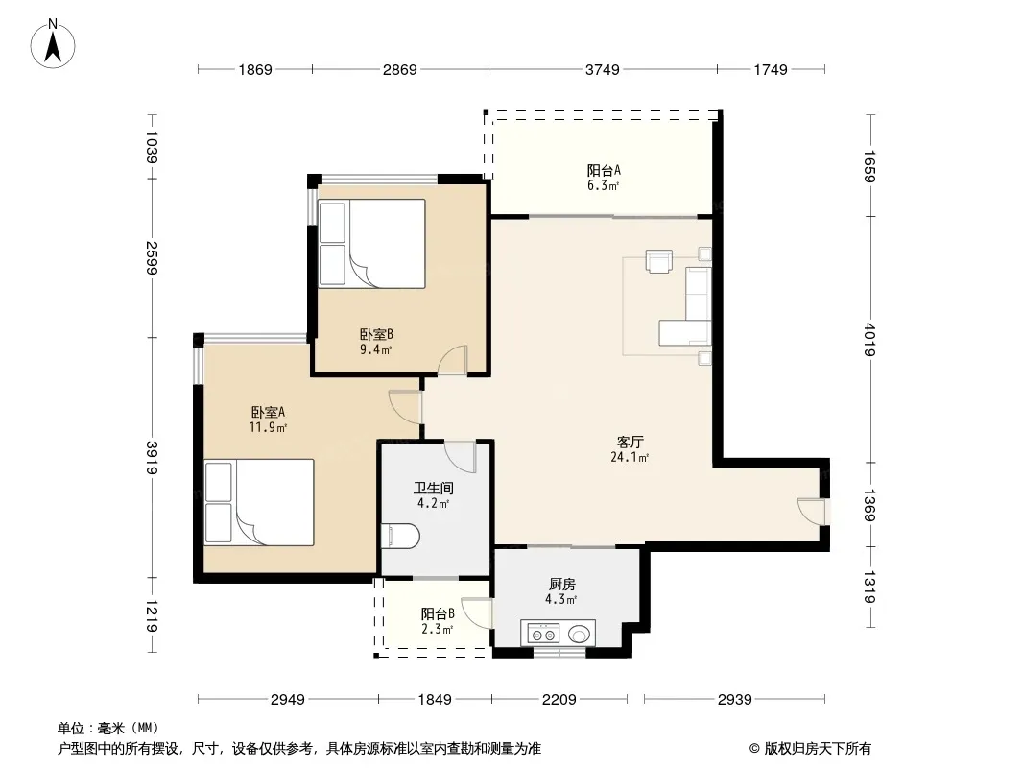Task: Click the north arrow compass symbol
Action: [53, 44]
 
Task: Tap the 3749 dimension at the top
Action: [602, 69]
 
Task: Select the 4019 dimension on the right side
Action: [869, 339]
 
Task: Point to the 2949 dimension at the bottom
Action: [288, 700]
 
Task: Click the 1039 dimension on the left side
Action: [152, 147]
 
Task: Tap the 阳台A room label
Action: [604, 170]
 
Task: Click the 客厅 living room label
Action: [630, 443]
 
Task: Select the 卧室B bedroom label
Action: [376, 335]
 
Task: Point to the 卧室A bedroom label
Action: [268, 413]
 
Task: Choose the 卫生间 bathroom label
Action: [434, 488]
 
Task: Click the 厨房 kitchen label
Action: [561, 584]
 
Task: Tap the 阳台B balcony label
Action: [438, 614]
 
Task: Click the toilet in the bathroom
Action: [400, 536]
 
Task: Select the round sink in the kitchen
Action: [580, 634]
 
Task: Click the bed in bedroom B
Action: [372, 244]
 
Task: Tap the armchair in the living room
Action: [659, 260]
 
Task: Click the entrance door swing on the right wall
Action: [810, 511]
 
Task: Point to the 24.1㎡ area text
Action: [630, 457]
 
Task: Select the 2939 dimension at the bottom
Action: [735, 700]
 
